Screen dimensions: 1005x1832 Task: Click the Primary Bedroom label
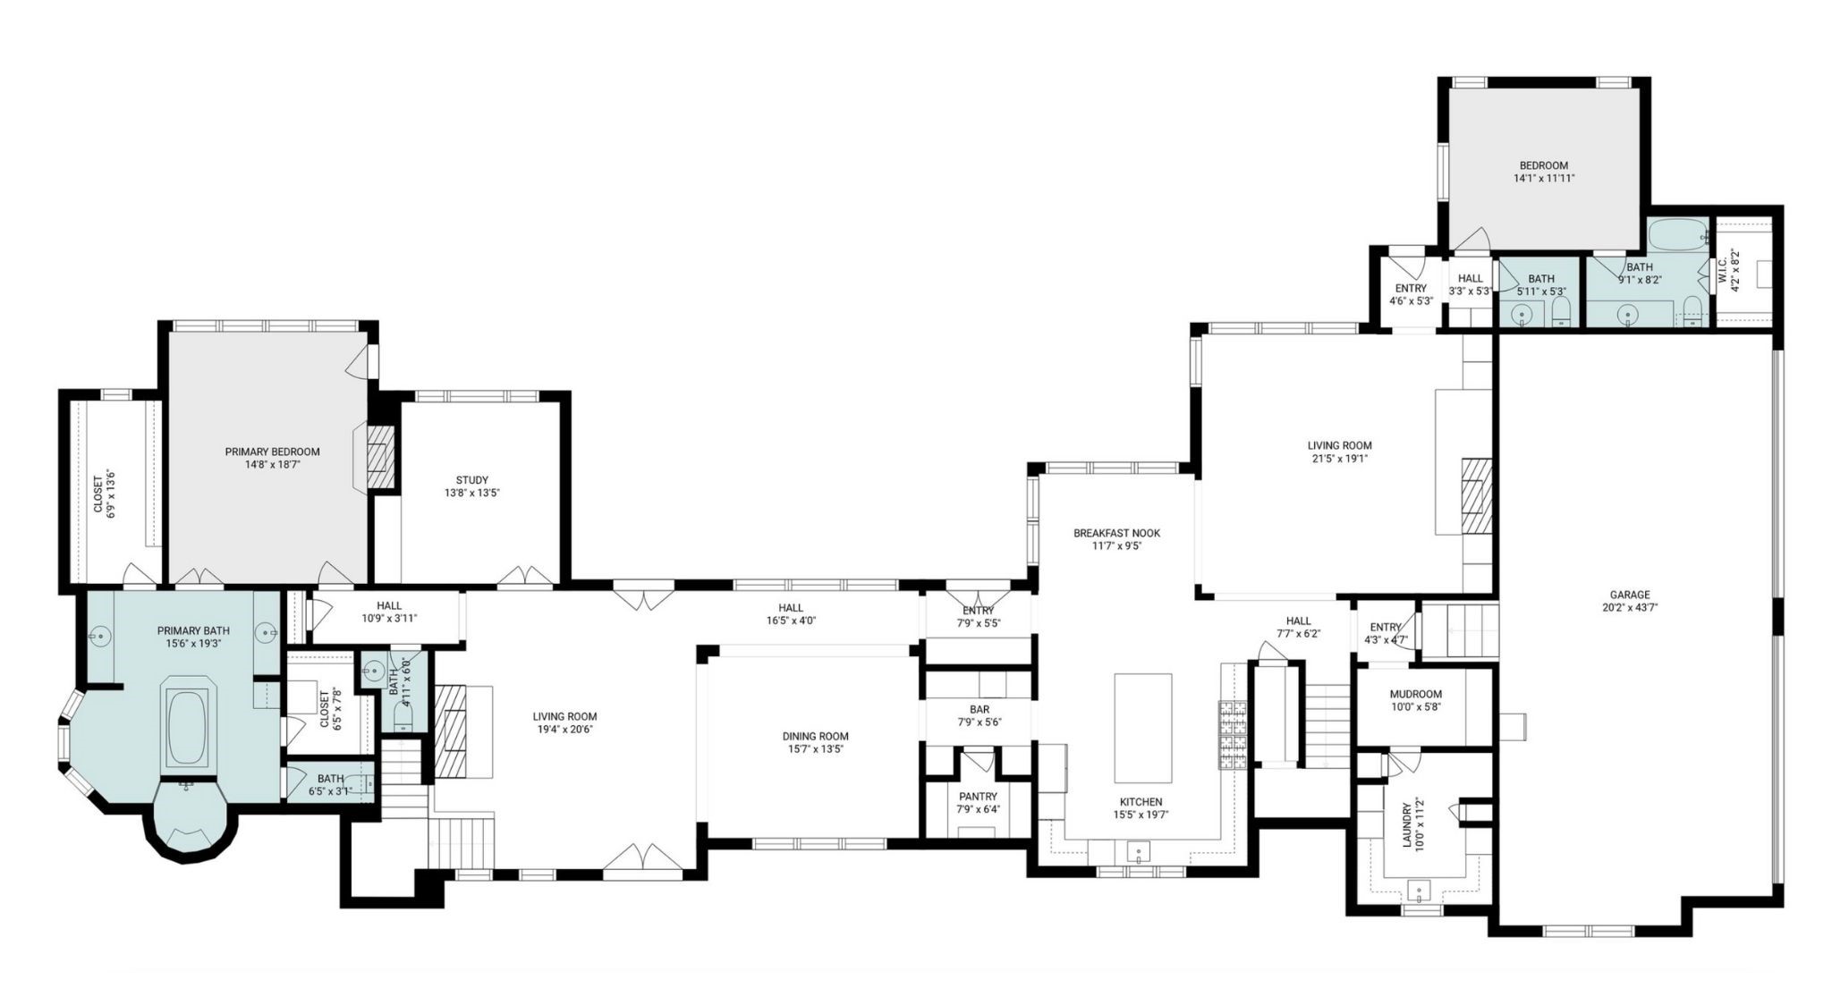[x=272, y=452]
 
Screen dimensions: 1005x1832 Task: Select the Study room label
[x=471, y=480]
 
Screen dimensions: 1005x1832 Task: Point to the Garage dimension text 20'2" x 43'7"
[x=1629, y=607]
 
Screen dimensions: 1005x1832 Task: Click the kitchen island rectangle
[x=1142, y=727]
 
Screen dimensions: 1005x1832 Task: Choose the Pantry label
[x=978, y=797]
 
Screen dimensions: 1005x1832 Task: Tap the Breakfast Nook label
[x=1116, y=534]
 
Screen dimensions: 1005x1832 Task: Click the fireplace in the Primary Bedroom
[x=382, y=454]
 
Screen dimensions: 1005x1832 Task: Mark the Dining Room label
[x=815, y=737]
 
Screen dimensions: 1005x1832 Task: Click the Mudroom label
[x=1415, y=695]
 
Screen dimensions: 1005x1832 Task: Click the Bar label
[x=978, y=709]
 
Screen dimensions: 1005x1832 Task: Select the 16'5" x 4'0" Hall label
[x=791, y=608]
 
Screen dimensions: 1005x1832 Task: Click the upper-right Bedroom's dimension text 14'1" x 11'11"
[x=1543, y=178]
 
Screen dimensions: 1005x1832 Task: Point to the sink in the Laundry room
[x=1420, y=890]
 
